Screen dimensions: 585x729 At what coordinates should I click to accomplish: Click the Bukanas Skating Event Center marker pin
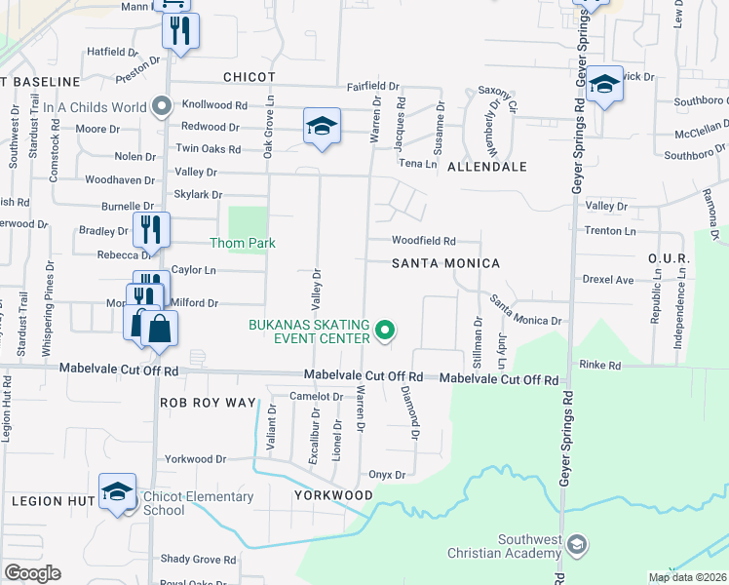click(x=385, y=331)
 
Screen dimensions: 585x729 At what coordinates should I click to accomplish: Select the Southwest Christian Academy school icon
click(x=577, y=544)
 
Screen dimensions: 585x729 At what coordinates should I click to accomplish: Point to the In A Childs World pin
click(x=163, y=105)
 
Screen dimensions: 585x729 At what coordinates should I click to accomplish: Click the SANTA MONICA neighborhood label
click(x=445, y=264)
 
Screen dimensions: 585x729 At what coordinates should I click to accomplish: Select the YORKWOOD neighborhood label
click(x=333, y=495)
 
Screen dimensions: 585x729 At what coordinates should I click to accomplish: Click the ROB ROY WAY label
click(x=208, y=403)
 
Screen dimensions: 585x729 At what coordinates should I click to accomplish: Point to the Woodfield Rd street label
click(x=424, y=241)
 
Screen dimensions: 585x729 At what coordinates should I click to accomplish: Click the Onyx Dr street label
click(x=386, y=475)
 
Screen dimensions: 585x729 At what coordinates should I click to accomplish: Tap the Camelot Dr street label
click(x=317, y=397)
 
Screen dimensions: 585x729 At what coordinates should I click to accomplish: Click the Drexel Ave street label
click(x=608, y=280)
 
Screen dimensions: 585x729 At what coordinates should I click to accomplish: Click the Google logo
click(x=32, y=573)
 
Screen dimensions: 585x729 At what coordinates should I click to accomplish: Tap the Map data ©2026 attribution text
click(x=687, y=577)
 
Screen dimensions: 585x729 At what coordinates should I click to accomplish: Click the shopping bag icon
click(x=159, y=329)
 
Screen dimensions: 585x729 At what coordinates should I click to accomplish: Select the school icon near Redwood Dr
click(x=322, y=126)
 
